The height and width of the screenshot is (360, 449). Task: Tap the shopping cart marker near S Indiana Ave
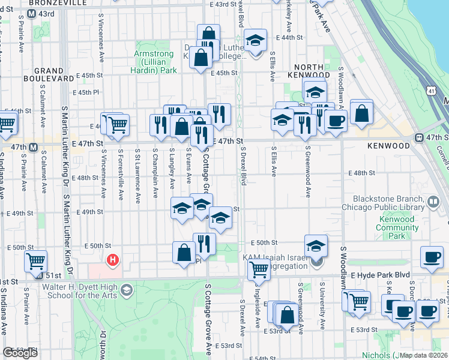tap(35, 262)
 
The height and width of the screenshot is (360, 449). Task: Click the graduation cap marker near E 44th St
tap(256, 42)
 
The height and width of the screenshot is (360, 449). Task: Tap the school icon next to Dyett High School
tap(126, 290)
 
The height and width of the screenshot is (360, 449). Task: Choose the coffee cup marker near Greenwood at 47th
tap(336, 120)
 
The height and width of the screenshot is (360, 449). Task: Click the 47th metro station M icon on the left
tap(33, 147)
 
